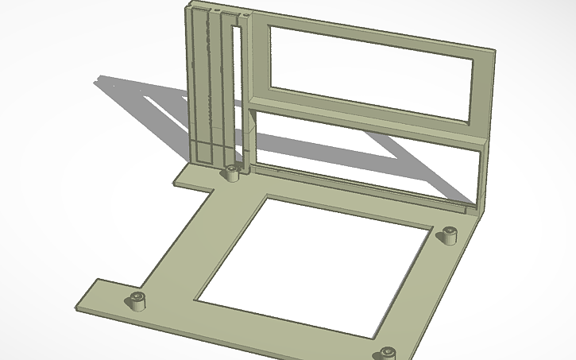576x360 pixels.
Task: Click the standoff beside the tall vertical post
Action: tap(231, 172)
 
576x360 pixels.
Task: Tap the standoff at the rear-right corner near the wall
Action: tap(450, 235)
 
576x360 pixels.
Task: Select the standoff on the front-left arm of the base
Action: tap(138, 300)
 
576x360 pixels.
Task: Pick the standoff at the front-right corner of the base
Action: tap(387, 353)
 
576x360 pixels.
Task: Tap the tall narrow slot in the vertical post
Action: tap(235, 87)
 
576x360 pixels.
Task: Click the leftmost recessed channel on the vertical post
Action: tap(195, 79)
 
